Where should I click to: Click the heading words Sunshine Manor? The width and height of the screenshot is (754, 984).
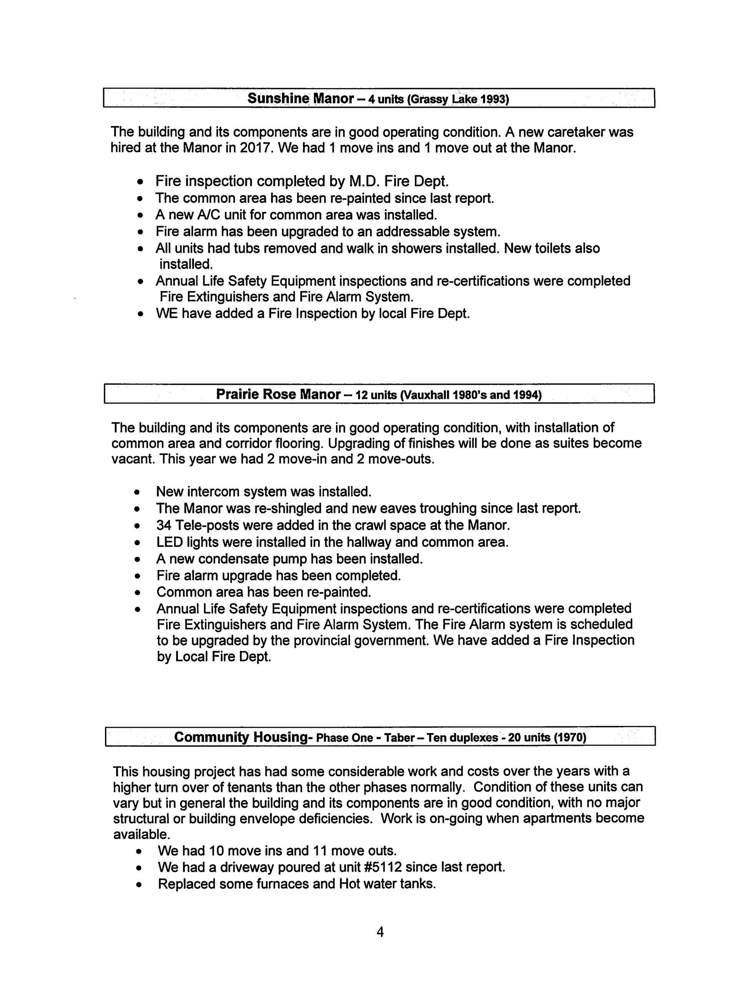pyautogui.click(x=300, y=98)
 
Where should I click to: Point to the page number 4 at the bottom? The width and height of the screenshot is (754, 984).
pyautogui.click(x=380, y=932)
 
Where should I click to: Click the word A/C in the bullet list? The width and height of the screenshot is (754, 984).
pyautogui.click(x=194, y=215)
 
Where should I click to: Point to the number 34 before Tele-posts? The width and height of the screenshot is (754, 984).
pyautogui.click(x=164, y=525)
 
